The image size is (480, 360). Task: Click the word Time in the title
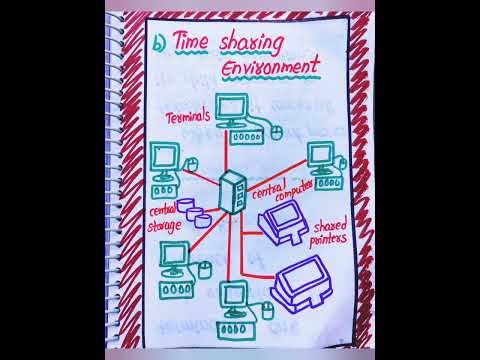click(196, 43)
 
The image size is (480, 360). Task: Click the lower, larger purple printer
click(299, 285)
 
